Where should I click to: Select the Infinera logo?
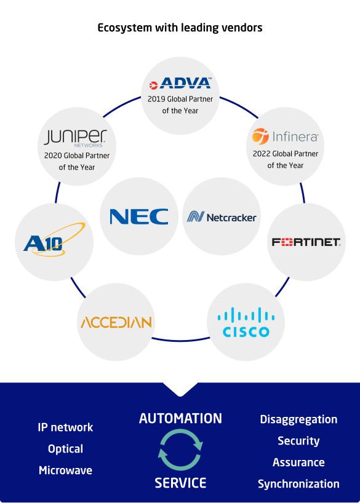click(x=285, y=136)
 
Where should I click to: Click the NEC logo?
click(x=139, y=216)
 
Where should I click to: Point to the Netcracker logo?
click(x=222, y=217)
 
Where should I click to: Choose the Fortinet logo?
click(x=306, y=242)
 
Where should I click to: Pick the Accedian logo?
click(x=116, y=322)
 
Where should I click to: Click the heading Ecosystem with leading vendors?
click(x=180, y=28)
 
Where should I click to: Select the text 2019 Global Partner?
click(x=180, y=99)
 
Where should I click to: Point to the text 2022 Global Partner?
click(x=286, y=154)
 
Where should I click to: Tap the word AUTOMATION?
click(x=180, y=419)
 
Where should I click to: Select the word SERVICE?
click(x=180, y=483)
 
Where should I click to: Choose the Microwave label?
click(x=65, y=470)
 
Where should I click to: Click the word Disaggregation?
click(x=298, y=419)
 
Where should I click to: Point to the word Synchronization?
click(x=298, y=484)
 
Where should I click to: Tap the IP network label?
click(x=65, y=427)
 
